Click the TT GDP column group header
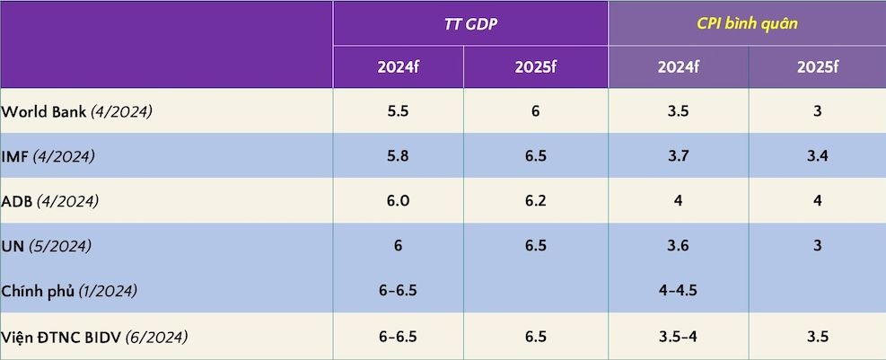point(469,24)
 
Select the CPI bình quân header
point(747,24)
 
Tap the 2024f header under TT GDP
point(398,67)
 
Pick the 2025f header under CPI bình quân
point(817,67)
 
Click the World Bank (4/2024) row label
point(76,112)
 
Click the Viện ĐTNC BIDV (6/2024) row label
point(94,337)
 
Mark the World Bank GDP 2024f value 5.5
point(398,111)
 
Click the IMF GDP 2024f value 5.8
point(398,156)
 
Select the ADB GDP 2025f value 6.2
point(535,201)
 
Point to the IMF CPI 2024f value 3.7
point(679,156)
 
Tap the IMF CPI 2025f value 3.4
point(817,156)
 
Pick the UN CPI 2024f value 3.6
point(679,246)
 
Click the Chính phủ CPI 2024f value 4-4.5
point(679,291)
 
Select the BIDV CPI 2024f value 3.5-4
point(679,337)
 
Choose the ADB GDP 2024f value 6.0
point(398,201)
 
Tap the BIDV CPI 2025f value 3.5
point(817,337)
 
